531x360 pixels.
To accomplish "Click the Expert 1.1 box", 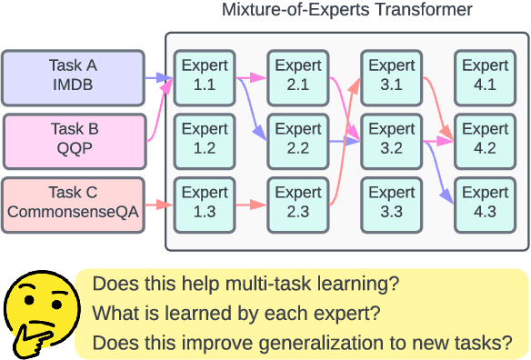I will [x=205, y=75].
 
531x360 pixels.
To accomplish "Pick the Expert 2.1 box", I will [x=297, y=75].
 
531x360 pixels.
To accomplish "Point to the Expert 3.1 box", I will [x=391, y=75].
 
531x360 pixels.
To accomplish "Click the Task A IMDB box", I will [x=73, y=75].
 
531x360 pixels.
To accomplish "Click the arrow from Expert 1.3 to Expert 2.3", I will [x=250, y=205].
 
